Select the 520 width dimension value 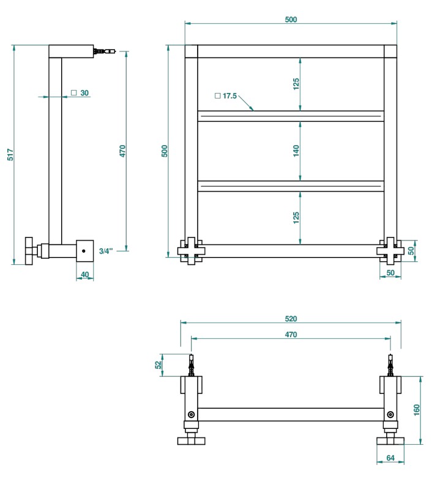pyautogui.click(x=291, y=319)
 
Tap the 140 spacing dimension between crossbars pyautogui.click(x=296, y=151)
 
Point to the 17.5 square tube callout pyautogui.click(x=226, y=96)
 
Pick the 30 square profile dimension pyautogui.click(x=81, y=93)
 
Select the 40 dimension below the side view pyautogui.click(x=85, y=274)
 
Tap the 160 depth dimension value pyautogui.click(x=416, y=409)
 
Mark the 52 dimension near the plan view pyautogui.click(x=157, y=365)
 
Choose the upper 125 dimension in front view pyautogui.click(x=296, y=84)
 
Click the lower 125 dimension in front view pyautogui.click(x=296, y=217)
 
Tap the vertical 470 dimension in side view pyautogui.click(x=122, y=151)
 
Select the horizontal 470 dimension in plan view pyautogui.click(x=291, y=335)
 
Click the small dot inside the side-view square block pyautogui.click(x=83, y=250)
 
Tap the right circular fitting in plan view pyautogui.click(x=389, y=415)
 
